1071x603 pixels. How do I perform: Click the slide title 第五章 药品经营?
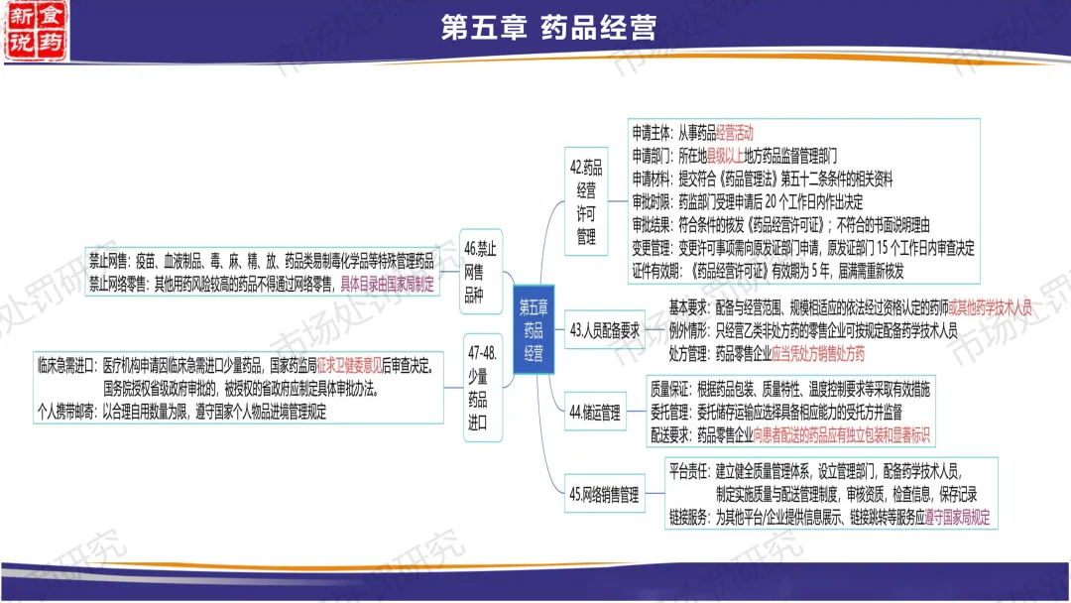pyautogui.click(x=548, y=27)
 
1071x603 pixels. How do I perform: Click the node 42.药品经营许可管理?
pyautogui.click(x=585, y=201)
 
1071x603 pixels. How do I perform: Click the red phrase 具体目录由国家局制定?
pyautogui.click(x=387, y=284)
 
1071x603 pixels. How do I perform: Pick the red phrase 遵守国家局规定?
pyautogui.click(x=957, y=517)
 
